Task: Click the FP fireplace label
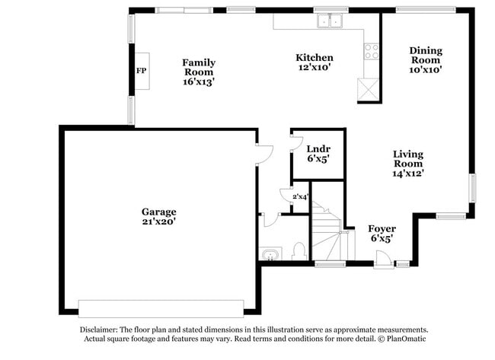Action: tap(141, 71)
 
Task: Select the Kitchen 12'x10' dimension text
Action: tap(315, 68)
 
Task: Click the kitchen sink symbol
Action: tap(331, 21)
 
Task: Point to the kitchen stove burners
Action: tap(372, 51)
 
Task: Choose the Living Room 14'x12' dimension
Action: tap(408, 173)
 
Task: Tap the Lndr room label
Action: tap(317, 148)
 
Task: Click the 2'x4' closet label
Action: tap(299, 197)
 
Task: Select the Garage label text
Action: tap(158, 212)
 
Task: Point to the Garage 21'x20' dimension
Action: tap(158, 221)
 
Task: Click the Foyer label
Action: tap(381, 228)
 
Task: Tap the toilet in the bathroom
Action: tap(299, 251)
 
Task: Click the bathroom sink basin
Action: tap(269, 253)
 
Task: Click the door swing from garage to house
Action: tap(264, 154)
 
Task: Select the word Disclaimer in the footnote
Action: tap(104, 329)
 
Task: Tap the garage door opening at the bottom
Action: tap(161, 308)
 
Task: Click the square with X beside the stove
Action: tap(371, 90)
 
